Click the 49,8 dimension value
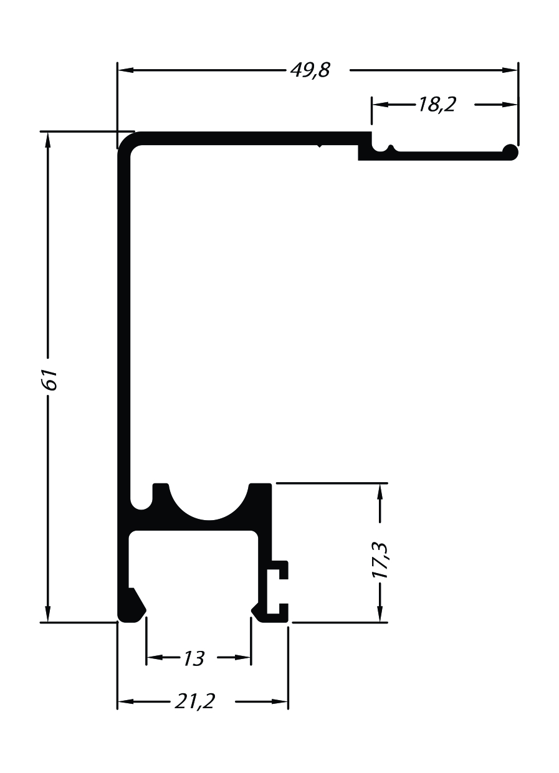pyautogui.click(x=310, y=70)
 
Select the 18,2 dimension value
pyautogui.click(x=437, y=104)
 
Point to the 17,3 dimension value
pyautogui.click(x=381, y=561)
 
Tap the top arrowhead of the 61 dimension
pyautogui.click(x=48, y=140)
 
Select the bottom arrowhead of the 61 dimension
pyautogui.click(x=48, y=614)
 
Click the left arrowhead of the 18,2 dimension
pyautogui.click(x=380, y=104)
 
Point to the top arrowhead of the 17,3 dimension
pyautogui.click(x=380, y=491)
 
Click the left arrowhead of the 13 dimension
pyautogui.click(x=155, y=658)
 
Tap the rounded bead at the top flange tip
pyautogui.click(x=510, y=152)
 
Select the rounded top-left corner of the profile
pyautogui.click(x=123, y=138)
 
